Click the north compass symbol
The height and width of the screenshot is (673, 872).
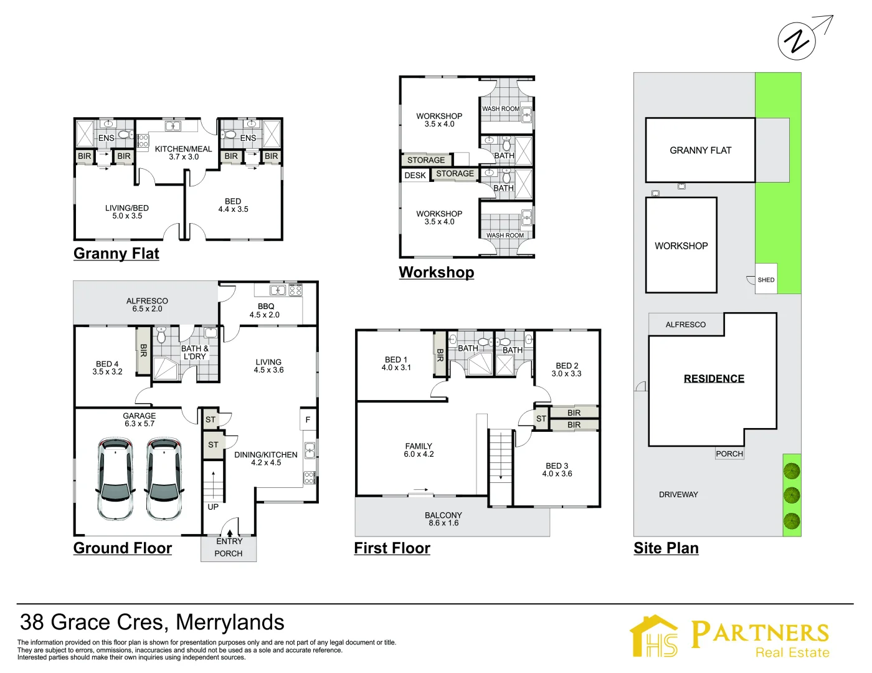pyautogui.click(x=797, y=41)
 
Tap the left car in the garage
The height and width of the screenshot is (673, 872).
pyautogui.click(x=115, y=479)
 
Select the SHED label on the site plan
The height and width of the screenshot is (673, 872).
pyautogui.click(x=766, y=280)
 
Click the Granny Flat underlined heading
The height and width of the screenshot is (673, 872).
pyautogui.click(x=116, y=254)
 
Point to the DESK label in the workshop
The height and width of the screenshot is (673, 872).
pyautogui.click(x=415, y=175)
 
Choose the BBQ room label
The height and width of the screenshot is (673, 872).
pyautogui.click(x=265, y=306)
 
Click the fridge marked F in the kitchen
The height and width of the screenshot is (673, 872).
pyautogui.click(x=308, y=420)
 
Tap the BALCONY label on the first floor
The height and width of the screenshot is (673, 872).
pyautogui.click(x=443, y=515)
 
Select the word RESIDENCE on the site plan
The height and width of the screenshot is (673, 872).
pyautogui.click(x=714, y=378)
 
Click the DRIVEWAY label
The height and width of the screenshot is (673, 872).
pyautogui.click(x=678, y=494)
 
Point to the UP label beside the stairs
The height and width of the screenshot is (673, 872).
pyautogui.click(x=213, y=507)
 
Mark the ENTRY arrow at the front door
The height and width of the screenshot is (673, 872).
pyautogui.click(x=230, y=533)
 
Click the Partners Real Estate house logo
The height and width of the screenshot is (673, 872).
pyautogui.click(x=654, y=636)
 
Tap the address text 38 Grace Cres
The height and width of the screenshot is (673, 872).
pyautogui.click(x=152, y=622)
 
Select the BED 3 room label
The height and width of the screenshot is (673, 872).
pyautogui.click(x=557, y=465)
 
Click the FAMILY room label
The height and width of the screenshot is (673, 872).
pyautogui.click(x=419, y=446)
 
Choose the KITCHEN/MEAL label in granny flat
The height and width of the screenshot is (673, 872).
pyautogui.click(x=183, y=149)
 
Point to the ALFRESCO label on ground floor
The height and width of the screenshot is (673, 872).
pyautogui.click(x=147, y=301)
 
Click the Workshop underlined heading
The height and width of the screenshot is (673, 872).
pyautogui.click(x=436, y=272)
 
